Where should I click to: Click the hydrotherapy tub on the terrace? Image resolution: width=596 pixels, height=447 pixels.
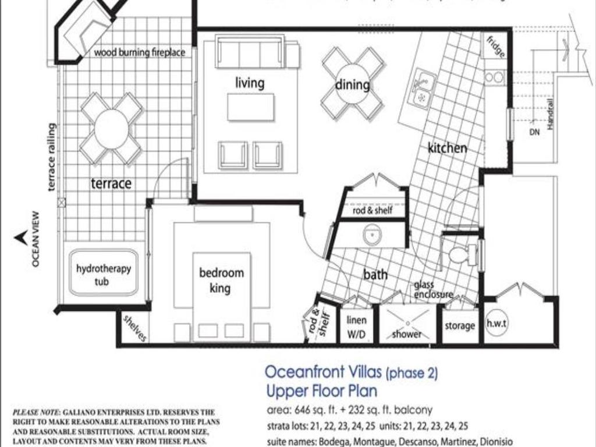point(104,273)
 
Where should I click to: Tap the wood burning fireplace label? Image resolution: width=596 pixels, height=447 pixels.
point(139,52)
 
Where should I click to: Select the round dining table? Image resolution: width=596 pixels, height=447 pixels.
point(352,84)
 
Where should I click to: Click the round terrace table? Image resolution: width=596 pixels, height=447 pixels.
point(111,129)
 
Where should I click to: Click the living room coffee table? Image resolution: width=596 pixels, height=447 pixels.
point(250,107)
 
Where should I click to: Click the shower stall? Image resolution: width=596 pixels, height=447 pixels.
point(406,324)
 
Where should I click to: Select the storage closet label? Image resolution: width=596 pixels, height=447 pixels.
point(460,326)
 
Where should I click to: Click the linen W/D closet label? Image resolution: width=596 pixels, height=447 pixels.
point(356,327)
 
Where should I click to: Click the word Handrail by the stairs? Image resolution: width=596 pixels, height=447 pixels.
point(551,117)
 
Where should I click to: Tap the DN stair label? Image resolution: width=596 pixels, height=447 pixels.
point(534,132)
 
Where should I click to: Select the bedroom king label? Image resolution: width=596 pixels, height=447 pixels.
point(221,280)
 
